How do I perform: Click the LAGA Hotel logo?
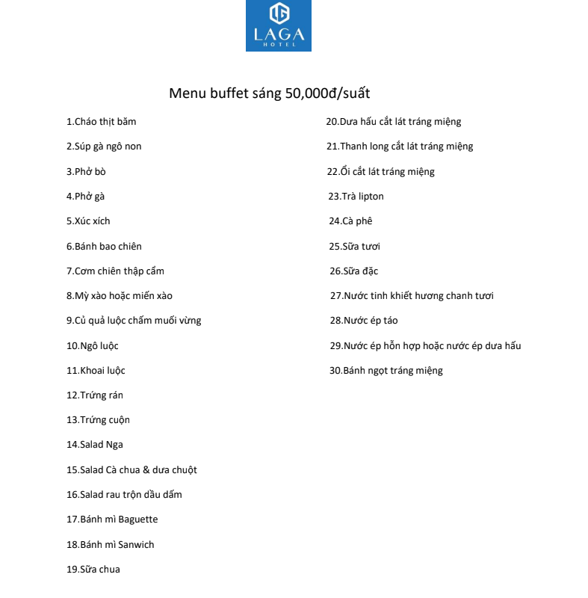click(278, 25)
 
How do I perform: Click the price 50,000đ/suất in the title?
click(327, 94)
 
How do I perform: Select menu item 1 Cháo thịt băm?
click(102, 121)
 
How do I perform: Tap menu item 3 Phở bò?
click(86, 171)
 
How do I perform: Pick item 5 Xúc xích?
click(88, 221)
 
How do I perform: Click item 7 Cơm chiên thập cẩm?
click(115, 271)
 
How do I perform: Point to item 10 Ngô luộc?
click(93, 346)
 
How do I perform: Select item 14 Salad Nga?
click(95, 445)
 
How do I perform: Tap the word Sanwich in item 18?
click(135, 545)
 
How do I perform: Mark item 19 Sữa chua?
click(93, 570)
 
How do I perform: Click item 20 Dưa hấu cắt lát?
click(394, 122)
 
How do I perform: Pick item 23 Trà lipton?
click(356, 197)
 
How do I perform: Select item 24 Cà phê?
click(350, 221)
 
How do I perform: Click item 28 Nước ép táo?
click(364, 321)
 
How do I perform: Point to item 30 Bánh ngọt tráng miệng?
click(386, 371)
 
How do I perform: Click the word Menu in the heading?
click(187, 94)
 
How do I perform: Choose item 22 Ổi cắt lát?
click(380, 171)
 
